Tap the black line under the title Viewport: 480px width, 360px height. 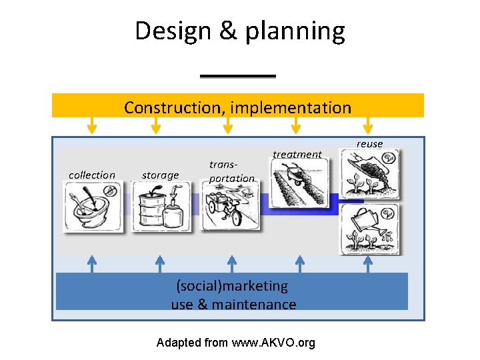pyautogui.click(x=238, y=76)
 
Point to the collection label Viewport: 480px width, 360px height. pyautogui.click(x=92, y=175)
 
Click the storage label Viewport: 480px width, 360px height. pyautogui.click(x=161, y=175)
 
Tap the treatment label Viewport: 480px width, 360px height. pyautogui.click(x=297, y=154)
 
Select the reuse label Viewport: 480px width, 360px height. pyautogui.click(x=369, y=144)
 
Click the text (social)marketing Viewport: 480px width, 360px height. pyautogui.click(x=232, y=286)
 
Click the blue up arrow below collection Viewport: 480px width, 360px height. pyautogui.click(x=93, y=264)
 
